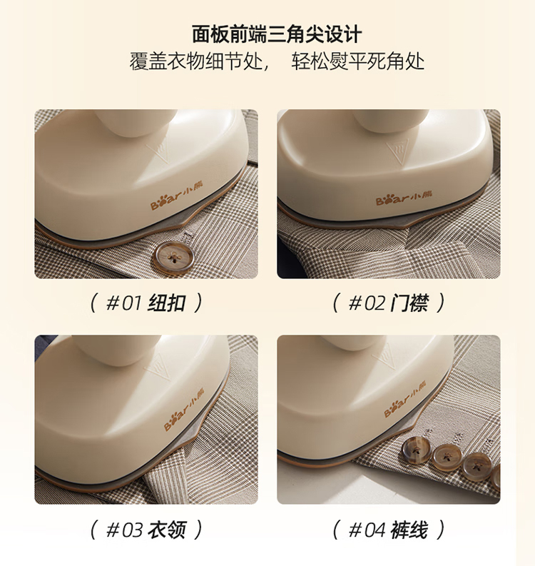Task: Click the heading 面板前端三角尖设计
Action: click(276, 34)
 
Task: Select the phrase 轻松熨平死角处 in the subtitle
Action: click(358, 61)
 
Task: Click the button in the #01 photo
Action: click(175, 258)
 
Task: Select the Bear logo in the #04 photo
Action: click(404, 398)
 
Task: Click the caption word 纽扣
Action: click(167, 303)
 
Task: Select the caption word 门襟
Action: click(409, 303)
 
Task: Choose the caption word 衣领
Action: click(167, 530)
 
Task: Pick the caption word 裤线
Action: click(409, 530)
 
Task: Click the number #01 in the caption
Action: click(123, 303)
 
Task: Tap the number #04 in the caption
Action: click(367, 530)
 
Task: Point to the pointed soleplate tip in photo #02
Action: click(410, 228)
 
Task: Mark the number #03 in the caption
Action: click(123, 530)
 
